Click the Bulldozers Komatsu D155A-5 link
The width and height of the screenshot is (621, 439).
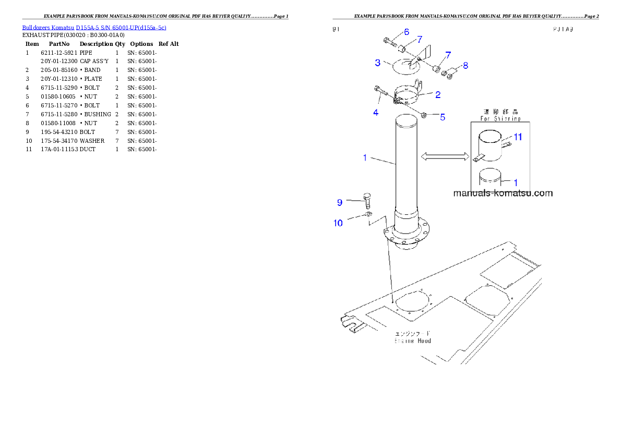(x=94, y=28)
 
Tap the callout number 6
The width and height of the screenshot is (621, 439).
(x=406, y=32)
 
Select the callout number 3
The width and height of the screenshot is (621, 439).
(x=377, y=63)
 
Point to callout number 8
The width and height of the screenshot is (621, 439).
(x=465, y=66)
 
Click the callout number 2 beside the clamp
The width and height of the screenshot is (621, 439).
(x=438, y=94)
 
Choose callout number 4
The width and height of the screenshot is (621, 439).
(x=376, y=112)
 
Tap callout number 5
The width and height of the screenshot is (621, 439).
(x=442, y=117)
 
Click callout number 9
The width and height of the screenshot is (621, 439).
(x=339, y=202)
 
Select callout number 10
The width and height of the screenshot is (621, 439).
(x=339, y=223)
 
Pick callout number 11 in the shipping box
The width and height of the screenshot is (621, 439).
(x=518, y=137)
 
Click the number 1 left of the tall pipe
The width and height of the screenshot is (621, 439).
(x=366, y=157)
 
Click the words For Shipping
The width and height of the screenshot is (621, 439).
(x=500, y=119)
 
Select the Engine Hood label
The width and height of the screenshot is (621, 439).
(x=413, y=340)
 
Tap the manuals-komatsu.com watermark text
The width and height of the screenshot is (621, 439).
(x=503, y=193)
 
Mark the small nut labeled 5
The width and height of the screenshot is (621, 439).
(x=425, y=115)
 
